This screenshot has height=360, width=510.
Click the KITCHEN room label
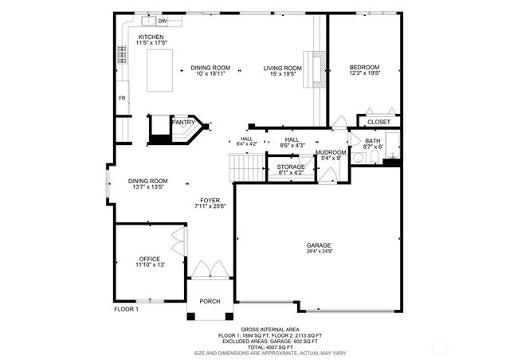tap(151, 37)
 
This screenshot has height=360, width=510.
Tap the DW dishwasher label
tap(162, 21)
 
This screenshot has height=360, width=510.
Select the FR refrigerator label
tap(122, 98)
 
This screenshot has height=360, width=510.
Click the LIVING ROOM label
tap(283, 68)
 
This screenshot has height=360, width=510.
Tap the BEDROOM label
tap(364, 67)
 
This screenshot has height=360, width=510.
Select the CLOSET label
tap(379, 122)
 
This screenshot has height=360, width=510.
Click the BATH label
tap(373, 141)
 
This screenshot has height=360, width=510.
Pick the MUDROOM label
tap(331, 152)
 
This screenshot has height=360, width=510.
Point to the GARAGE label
tap(319, 245)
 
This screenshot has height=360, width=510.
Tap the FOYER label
tap(210, 201)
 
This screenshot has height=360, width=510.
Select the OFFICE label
tap(150, 259)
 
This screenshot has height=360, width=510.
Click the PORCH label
tap(210, 301)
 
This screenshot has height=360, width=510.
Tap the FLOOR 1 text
tap(126, 309)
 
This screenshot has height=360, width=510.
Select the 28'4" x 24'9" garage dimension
tap(319, 252)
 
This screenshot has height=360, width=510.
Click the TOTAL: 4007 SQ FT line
tap(255, 346)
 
